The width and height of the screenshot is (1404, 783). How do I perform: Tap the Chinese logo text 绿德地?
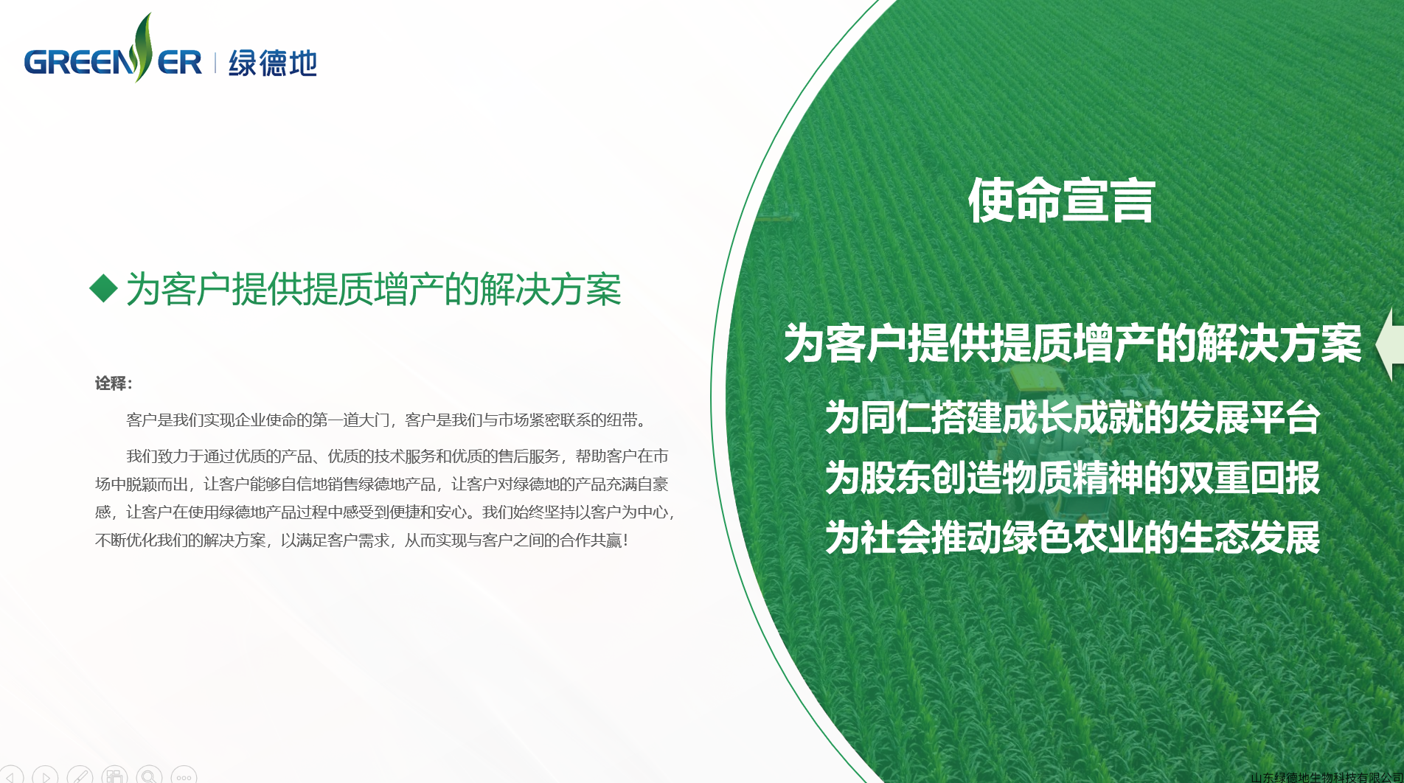273,63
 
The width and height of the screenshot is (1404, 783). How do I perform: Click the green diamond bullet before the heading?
103,288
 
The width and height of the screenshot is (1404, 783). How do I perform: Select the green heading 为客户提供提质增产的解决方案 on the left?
374,289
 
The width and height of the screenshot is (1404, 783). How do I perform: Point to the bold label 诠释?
114,383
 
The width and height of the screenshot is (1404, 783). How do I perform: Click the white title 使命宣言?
1061,201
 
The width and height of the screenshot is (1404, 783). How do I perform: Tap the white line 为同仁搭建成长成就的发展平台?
1073,417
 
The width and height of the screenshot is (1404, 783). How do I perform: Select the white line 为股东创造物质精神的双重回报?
1073,478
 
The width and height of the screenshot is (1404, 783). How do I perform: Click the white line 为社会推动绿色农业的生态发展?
1073,537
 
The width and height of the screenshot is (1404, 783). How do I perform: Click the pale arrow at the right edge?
1391,344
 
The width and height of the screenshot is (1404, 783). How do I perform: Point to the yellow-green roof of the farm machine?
1036,377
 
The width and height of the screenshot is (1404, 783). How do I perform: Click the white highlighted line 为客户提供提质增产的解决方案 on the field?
1073,344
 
